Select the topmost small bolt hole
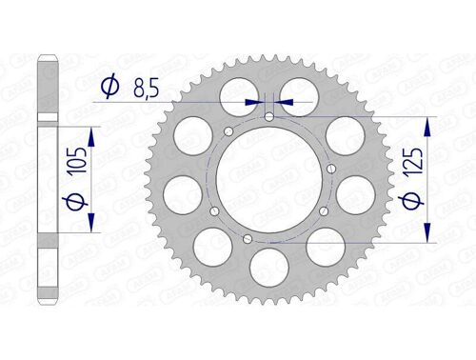[269, 117]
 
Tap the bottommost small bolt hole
[248, 239]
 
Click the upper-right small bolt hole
[329, 169]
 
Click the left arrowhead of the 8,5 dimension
[254, 100]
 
